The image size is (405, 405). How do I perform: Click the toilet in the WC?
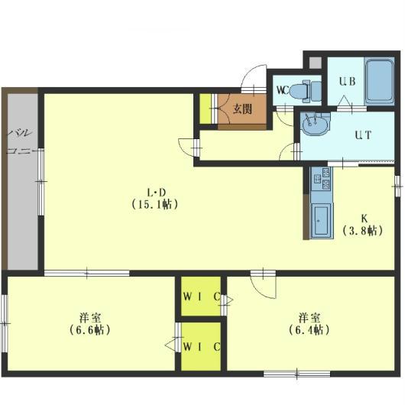pyautogui.click(x=306, y=90)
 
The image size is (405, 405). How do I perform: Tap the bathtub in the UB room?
pyautogui.click(x=379, y=80)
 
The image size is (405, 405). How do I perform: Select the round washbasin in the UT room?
pyautogui.click(x=315, y=125)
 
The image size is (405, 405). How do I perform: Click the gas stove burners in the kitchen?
pyautogui.click(x=322, y=179)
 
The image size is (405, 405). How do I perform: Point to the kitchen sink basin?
pyautogui.click(x=321, y=220)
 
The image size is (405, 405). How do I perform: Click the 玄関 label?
pyautogui.click(x=242, y=109)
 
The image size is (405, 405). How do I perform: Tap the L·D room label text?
pyautogui.click(x=156, y=193)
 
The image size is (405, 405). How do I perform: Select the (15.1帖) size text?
pyautogui.click(x=155, y=205)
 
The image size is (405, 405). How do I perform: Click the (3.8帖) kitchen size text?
pyautogui.click(x=363, y=231)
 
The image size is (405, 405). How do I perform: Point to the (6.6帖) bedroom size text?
pyautogui.click(x=90, y=330)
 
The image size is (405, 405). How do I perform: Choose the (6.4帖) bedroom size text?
pyautogui.click(x=309, y=330)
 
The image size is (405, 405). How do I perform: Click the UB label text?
pyautogui.click(x=348, y=81)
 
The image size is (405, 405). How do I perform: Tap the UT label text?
pyautogui.click(x=363, y=135)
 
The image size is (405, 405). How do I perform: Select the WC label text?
pyautogui.click(x=282, y=90)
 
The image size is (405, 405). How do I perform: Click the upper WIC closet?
pyautogui.click(x=201, y=296)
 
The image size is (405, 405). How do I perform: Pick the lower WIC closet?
pyautogui.click(x=201, y=346)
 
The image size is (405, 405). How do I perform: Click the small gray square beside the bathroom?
pyautogui.click(x=316, y=63)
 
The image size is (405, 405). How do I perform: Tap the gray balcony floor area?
pyautogui.click(x=23, y=181)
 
